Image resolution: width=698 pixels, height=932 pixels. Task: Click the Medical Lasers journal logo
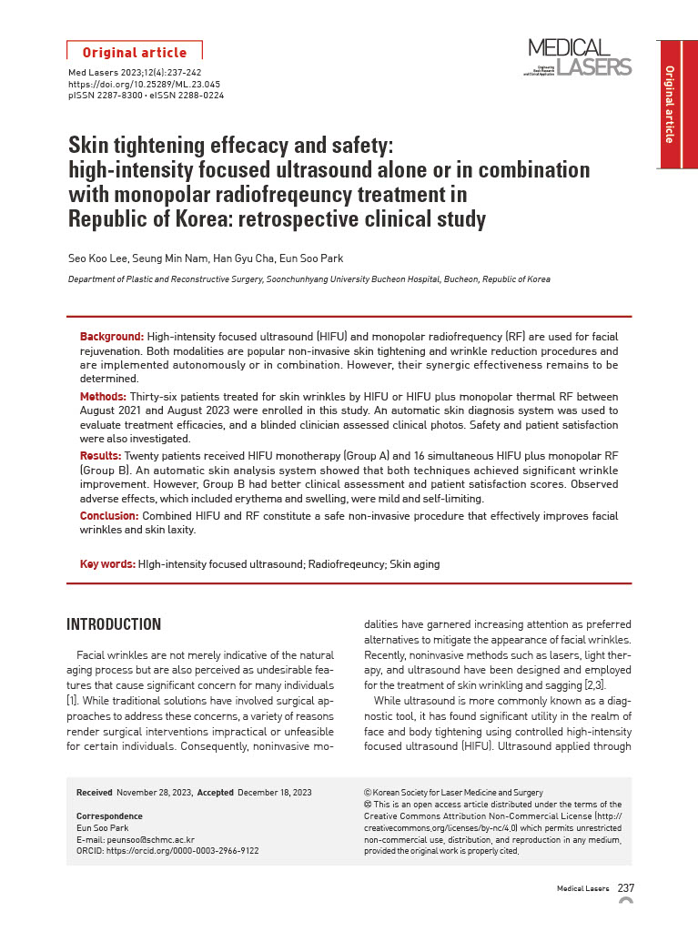(579, 57)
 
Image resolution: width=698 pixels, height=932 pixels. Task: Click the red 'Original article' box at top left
(135, 53)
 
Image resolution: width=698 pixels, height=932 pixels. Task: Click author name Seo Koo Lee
(97, 258)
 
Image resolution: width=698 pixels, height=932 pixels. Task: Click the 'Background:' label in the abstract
(112, 337)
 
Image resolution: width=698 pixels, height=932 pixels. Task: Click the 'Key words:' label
(107, 564)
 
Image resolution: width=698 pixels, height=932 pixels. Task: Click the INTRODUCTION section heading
(114, 624)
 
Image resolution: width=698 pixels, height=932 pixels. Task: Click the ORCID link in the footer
(167, 851)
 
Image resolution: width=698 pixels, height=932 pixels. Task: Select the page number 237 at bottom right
(626, 888)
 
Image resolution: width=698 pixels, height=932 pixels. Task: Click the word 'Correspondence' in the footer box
(109, 816)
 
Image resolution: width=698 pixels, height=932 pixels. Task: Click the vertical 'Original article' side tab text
(670, 105)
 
